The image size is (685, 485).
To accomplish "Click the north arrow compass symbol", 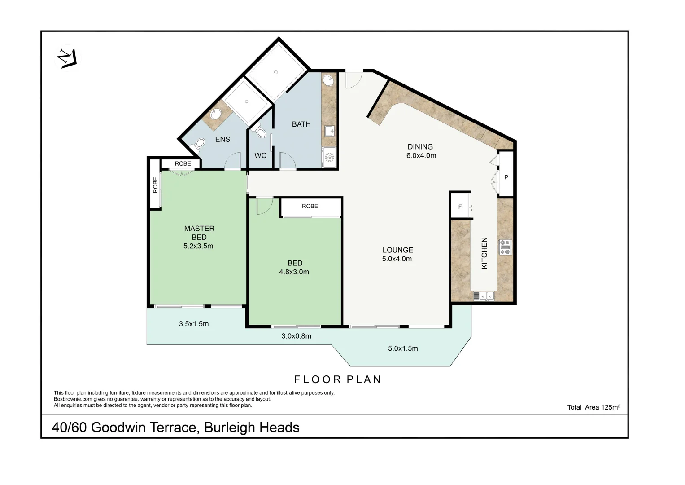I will pos(65,58).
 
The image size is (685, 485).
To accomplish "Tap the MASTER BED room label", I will pos(199,233).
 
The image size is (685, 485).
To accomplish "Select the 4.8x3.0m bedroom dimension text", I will pos(294,272).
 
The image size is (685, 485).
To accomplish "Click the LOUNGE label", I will pos(397,250).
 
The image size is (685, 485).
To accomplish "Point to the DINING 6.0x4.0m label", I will pos(421,151).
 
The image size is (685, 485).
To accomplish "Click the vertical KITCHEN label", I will pos(484,253).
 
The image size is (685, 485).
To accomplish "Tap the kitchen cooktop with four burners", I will pos(505,247).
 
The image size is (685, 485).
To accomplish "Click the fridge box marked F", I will pos(460,207).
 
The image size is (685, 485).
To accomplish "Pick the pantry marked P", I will pos(506,177).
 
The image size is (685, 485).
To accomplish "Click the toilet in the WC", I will pos(260,132).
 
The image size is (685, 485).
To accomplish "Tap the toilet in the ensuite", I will pos(197,145).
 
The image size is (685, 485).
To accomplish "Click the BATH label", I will pos(301,124).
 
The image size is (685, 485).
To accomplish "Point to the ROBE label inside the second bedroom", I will pos(310,206).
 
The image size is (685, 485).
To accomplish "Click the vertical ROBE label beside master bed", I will pos(155,185).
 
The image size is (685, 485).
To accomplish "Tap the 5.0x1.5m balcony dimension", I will pos(403,348).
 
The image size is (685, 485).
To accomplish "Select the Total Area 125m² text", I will pos(593,407).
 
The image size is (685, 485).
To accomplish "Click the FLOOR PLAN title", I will pos(337,379).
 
